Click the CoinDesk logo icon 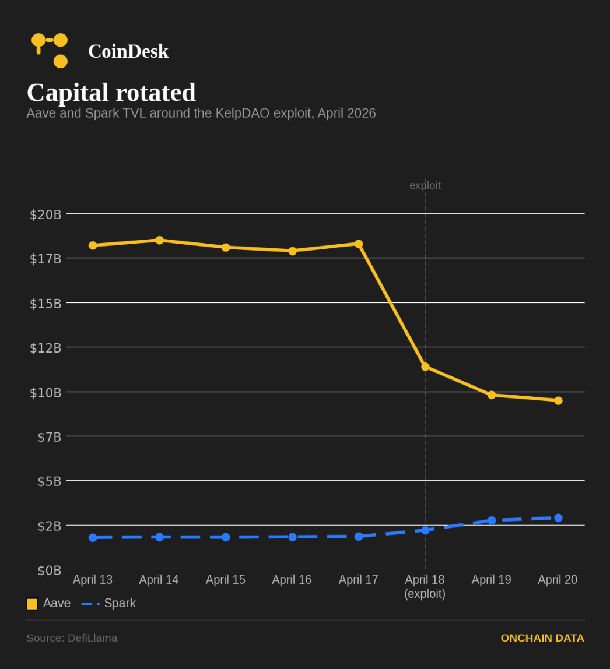point(50,50)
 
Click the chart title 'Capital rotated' point(111,93)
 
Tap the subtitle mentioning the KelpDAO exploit point(201,114)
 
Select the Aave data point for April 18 point(425,367)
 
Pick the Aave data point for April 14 point(159,240)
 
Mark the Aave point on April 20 point(558,400)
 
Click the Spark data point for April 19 point(492,520)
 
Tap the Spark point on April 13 point(93,537)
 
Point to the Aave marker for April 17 point(359,244)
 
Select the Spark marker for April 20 point(558,517)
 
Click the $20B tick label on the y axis point(45,214)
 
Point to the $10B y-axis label point(45,393)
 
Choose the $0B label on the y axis point(49,571)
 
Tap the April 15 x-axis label point(225,580)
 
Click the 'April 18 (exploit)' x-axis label point(425,586)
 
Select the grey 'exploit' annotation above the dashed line point(425,185)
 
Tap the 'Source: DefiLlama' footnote point(72,638)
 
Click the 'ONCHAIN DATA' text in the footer point(542,638)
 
